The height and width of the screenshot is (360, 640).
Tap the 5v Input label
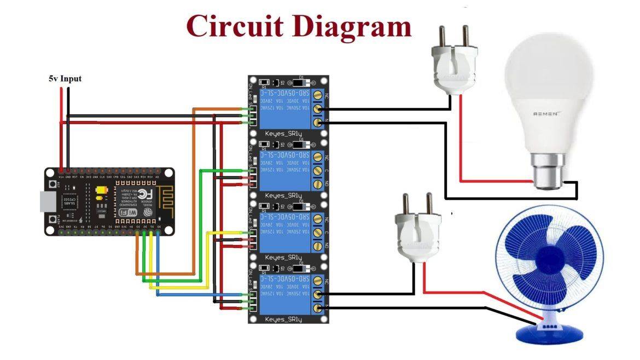65,79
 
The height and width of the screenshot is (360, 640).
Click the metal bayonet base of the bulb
548,171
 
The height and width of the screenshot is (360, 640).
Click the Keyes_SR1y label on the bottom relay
283,318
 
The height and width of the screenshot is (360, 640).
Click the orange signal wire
194,191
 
